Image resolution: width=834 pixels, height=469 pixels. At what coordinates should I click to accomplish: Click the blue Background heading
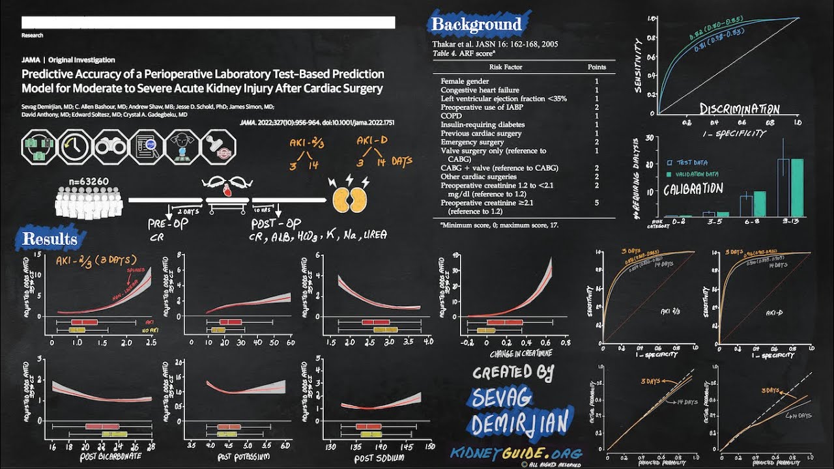[477, 25]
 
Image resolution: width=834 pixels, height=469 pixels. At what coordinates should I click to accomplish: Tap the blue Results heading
[51, 239]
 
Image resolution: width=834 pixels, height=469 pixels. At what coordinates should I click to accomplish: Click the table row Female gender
[465, 81]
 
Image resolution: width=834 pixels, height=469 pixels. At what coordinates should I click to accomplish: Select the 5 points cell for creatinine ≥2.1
[596, 203]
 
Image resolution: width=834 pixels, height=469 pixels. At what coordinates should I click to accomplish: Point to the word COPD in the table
[451, 116]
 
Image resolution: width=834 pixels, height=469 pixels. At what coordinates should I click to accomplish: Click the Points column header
[596, 66]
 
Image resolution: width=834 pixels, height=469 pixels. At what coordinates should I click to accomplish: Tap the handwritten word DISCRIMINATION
[740, 109]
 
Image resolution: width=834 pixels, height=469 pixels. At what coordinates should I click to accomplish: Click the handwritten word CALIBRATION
[693, 190]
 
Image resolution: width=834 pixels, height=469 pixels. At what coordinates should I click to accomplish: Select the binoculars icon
[111, 147]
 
